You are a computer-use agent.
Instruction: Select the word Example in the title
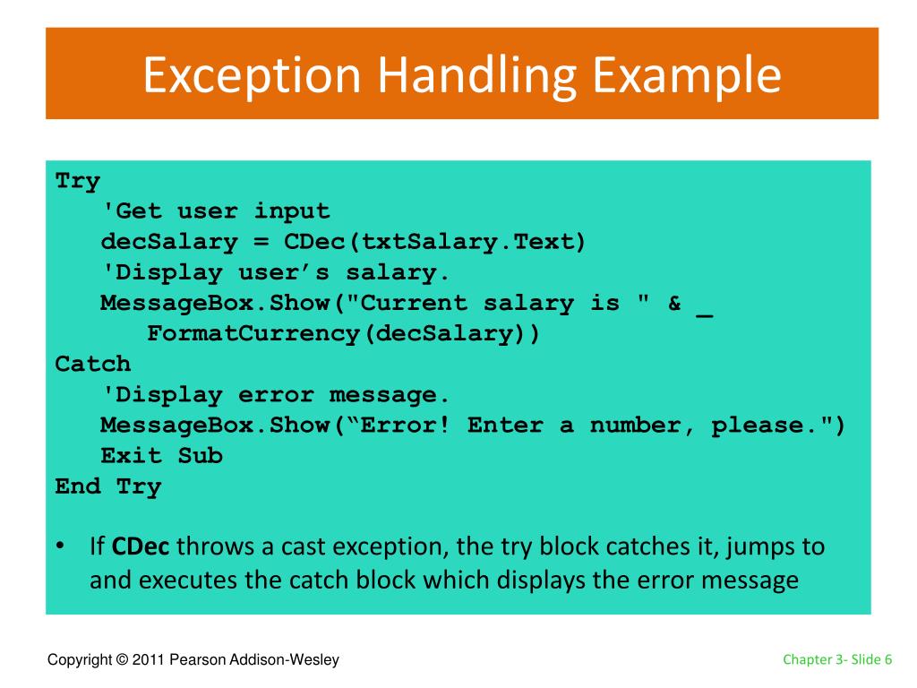[x=685, y=76]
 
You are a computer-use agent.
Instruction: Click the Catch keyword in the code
[x=93, y=364]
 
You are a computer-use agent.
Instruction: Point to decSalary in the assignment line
[x=169, y=242]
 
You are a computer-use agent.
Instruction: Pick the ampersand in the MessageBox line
[x=674, y=303]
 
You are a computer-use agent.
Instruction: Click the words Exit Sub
[x=161, y=455]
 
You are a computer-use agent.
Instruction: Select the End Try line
[x=108, y=486]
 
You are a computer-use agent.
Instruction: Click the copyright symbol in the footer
[x=122, y=660]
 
